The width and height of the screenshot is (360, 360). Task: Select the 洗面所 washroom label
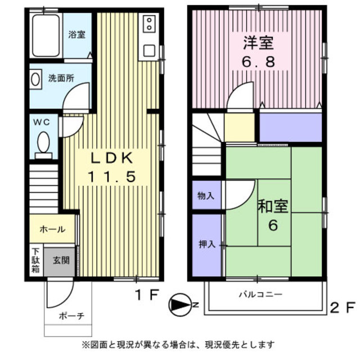coord(61,79)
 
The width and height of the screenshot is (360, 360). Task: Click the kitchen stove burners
coord(149,24)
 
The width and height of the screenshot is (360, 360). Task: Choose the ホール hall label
coord(52,229)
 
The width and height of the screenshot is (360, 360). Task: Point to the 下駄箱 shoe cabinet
coord(35,260)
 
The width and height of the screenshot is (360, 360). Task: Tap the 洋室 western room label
coord(258,42)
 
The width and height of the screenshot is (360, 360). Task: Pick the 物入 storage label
coord(205,196)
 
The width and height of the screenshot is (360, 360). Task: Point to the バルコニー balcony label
coord(260,294)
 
